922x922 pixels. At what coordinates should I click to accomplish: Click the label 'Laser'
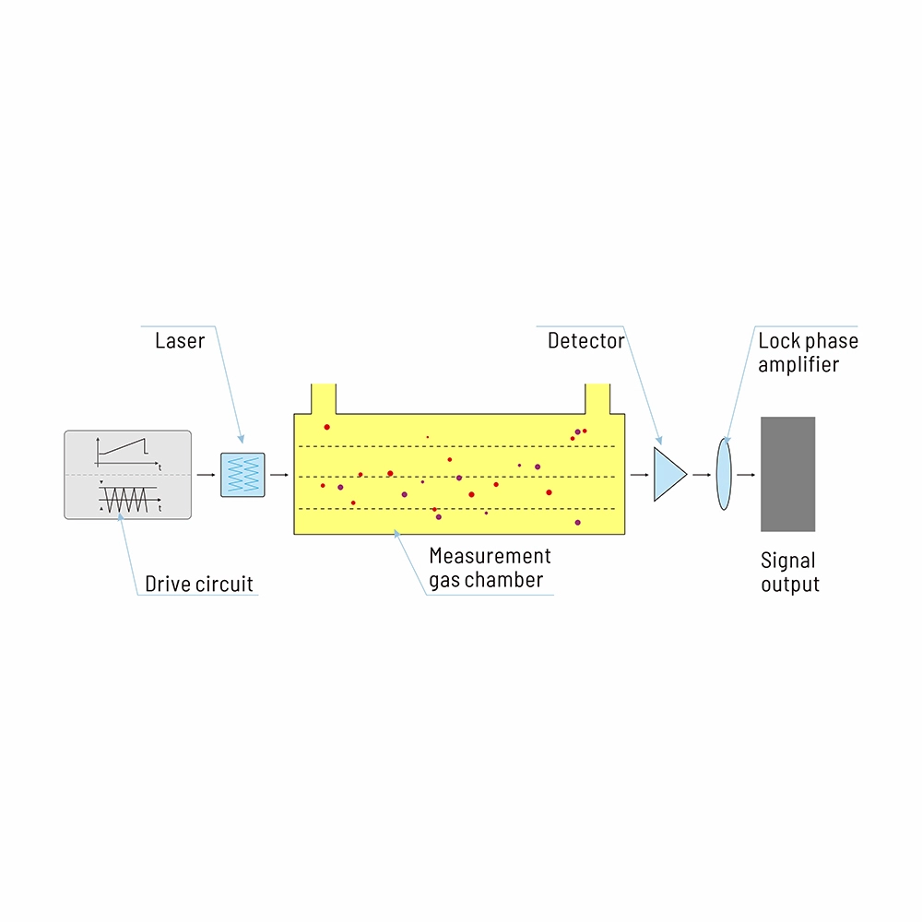180,341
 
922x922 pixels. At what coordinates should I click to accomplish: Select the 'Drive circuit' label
198,584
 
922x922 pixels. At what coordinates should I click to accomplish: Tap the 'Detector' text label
585,341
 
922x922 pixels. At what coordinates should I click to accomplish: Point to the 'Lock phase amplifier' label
808,353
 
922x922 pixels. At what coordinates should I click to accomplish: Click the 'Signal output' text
789,572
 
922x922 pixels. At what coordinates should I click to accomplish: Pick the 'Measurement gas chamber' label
490,568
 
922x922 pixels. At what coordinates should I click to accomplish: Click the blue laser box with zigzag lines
243,475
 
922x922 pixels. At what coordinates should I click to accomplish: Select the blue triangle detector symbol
668,474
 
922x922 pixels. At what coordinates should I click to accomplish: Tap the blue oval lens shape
724,474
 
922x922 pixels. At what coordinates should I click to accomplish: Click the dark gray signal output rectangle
787,474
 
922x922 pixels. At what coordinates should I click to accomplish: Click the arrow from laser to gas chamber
279,475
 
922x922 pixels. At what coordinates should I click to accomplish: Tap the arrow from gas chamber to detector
639,475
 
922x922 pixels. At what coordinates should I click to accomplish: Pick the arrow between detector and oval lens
702,475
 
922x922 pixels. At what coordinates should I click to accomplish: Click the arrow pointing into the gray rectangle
747,475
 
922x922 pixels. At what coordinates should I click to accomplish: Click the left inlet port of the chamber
325,399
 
